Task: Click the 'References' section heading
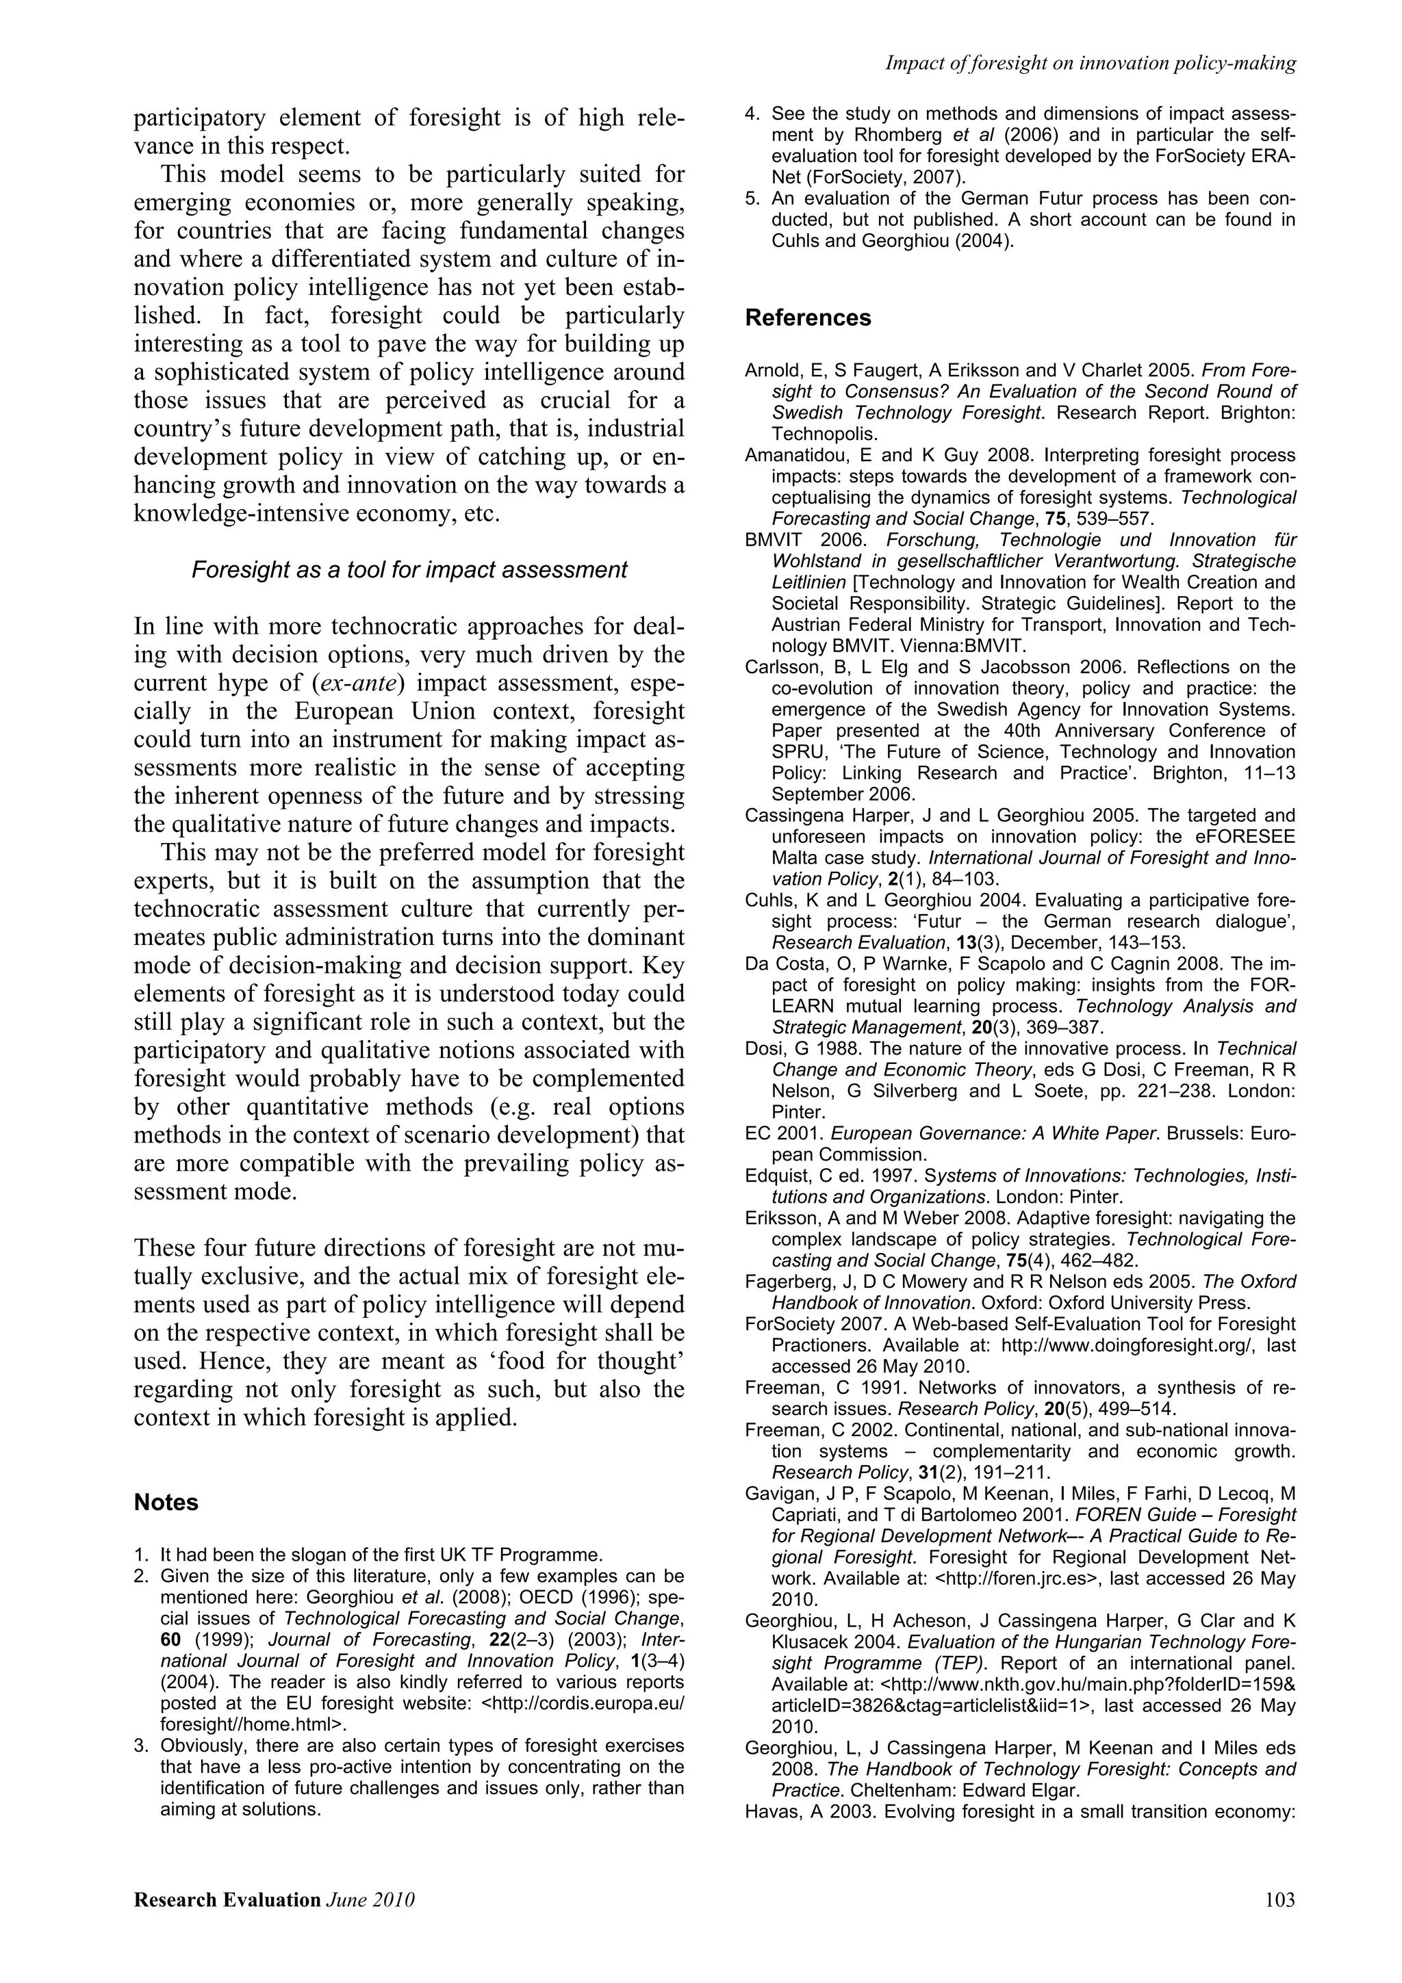coord(808,317)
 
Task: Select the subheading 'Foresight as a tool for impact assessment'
coord(409,570)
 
